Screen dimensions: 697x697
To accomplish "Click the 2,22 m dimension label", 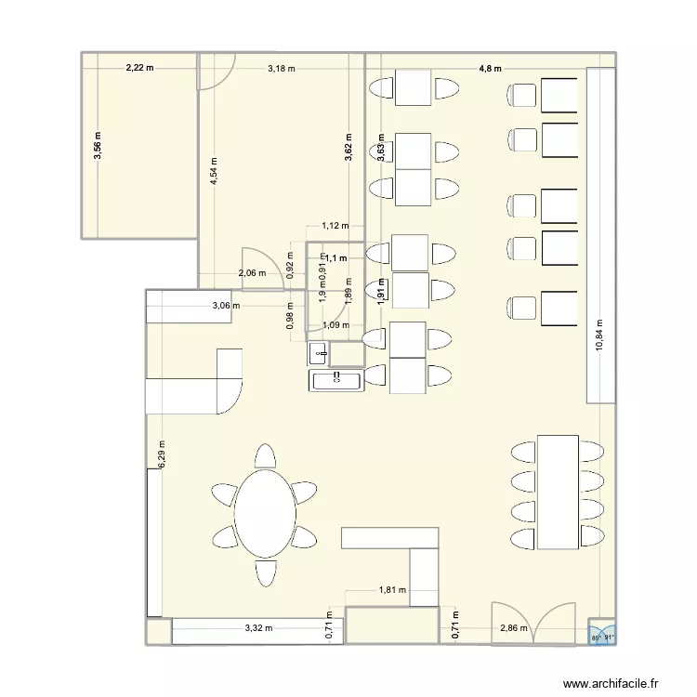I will point(139,68).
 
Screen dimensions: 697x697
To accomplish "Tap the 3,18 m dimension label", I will point(282,68).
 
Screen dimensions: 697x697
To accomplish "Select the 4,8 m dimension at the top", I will point(490,68).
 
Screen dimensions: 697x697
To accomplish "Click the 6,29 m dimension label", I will point(162,454).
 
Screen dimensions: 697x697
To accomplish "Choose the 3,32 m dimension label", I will point(258,628).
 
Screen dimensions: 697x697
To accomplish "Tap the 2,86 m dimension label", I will point(513,628).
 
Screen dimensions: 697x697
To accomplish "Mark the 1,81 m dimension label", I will point(391,589).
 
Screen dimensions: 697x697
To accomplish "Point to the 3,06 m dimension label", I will point(225,305).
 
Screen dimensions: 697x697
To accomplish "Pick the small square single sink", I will point(318,352).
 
